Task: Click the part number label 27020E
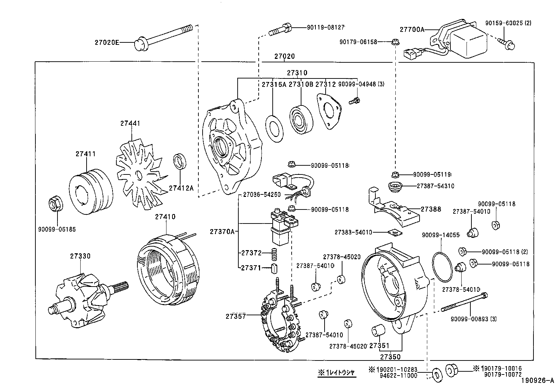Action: [107, 43]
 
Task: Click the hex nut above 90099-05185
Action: [55, 204]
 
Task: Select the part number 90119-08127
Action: [326, 27]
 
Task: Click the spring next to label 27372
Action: [275, 253]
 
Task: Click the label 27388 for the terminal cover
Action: [431, 209]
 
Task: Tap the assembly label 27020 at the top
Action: [284, 56]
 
